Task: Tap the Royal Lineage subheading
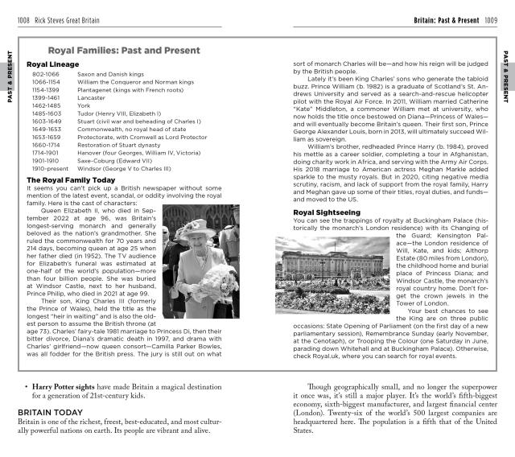click(53, 64)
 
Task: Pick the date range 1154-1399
click(46, 89)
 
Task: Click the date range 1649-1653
click(46, 129)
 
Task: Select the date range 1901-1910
click(46, 160)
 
